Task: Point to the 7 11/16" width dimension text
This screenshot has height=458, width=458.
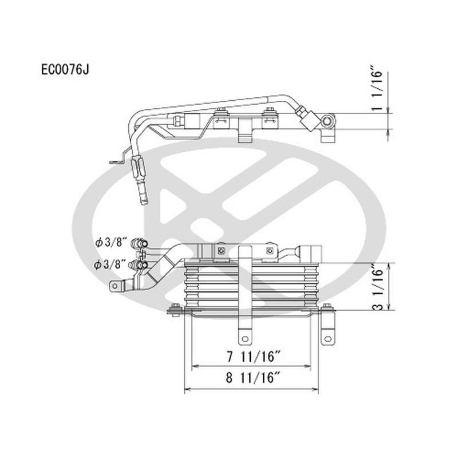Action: [x=251, y=356]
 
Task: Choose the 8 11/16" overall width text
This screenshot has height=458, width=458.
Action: [x=251, y=378]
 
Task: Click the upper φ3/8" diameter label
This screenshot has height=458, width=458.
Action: [x=110, y=243]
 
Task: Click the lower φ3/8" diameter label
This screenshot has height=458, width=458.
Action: [x=110, y=264]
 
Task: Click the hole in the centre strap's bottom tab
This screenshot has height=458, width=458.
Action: [x=244, y=337]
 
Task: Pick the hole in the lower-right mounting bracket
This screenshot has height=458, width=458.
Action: [x=327, y=338]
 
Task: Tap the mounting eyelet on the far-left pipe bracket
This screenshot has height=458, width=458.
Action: [x=115, y=286]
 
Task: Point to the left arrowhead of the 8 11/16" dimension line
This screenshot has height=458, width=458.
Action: [x=186, y=389]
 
